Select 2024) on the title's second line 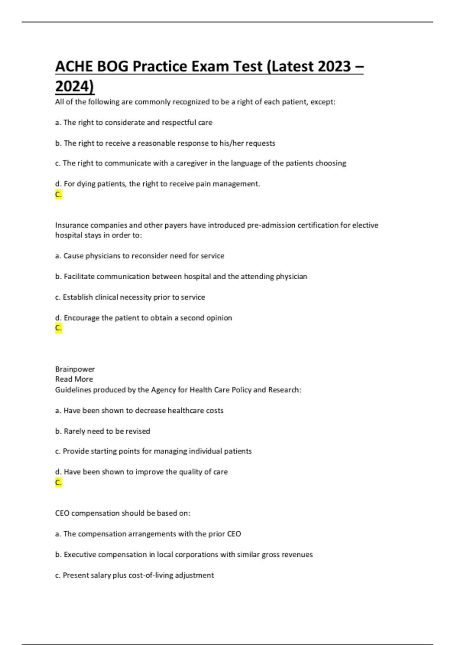click(75, 86)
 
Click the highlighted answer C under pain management click(58, 195)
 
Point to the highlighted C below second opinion click(58, 328)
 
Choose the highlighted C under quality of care click(58, 483)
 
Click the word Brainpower click(75, 369)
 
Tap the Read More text click(74, 379)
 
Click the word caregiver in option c click(191, 163)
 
